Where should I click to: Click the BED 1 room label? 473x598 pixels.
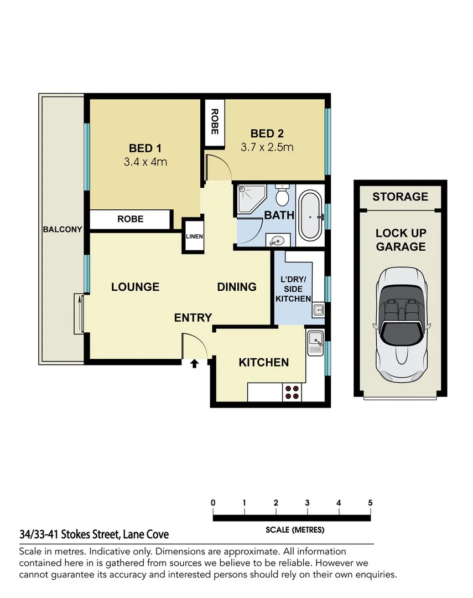(x=144, y=148)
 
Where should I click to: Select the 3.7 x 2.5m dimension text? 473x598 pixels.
(x=267, y=147)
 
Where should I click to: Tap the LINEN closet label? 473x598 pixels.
(x=194, y=236)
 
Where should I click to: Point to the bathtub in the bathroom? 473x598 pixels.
(x=310, y=216)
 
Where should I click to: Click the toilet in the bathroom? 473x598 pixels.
(x=281, y=195)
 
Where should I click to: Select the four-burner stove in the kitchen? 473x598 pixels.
(x=292, y=392)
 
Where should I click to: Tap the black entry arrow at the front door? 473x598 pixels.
(x=195, y=364)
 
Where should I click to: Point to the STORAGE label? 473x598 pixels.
(x=400, y=197)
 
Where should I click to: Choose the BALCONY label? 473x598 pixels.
(x=63, y=229)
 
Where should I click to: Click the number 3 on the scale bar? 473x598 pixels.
(x=307, y=503)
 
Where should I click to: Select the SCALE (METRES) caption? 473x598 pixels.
(x=295, y=530)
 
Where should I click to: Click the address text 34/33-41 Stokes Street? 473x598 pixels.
(x=94, y=534)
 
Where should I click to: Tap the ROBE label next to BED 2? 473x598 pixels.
(x=214, y=123)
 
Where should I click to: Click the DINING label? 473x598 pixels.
(x=236, y=287)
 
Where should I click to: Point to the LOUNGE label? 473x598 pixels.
(x=135, y=287)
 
